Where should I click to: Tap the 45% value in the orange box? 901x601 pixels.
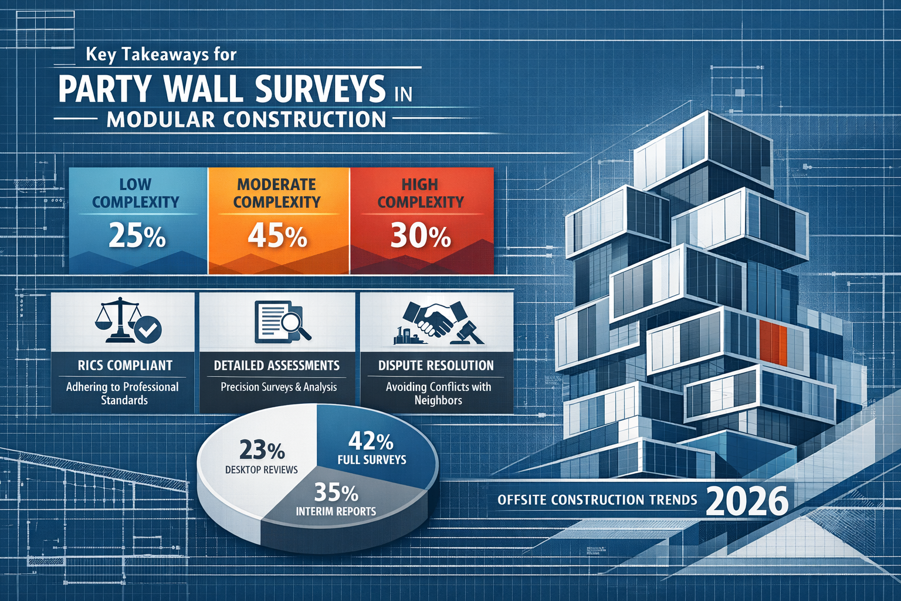pyautogui.click(x=277, y=236)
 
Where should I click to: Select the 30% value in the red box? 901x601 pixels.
pyautogui.click(x=421, y=236)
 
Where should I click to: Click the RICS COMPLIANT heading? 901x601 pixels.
pyautogui.click(x=125, y=366)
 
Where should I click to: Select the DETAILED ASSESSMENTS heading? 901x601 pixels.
pyautogui.click(x=276, y=366)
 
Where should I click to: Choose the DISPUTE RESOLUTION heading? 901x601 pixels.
pyautogui.click(x=436, y=366)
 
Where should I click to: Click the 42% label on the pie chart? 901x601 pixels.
pyautogui.click(x=371, y=441)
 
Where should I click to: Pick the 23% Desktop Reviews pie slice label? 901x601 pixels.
pyautogui.click(x=262, y=451)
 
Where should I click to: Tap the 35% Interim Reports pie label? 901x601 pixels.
pyautogui.click(x=336, y=492)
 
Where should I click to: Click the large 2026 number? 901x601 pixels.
pyautogui.click(x=747, y=502)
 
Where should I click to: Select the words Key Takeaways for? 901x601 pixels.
pyautogui.click(x=161, y=55)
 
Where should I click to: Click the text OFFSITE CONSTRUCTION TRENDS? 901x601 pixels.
pyautogui.click(x=597, y=500)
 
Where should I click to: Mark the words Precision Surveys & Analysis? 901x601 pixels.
pyautogui.click(x=279, y=387)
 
